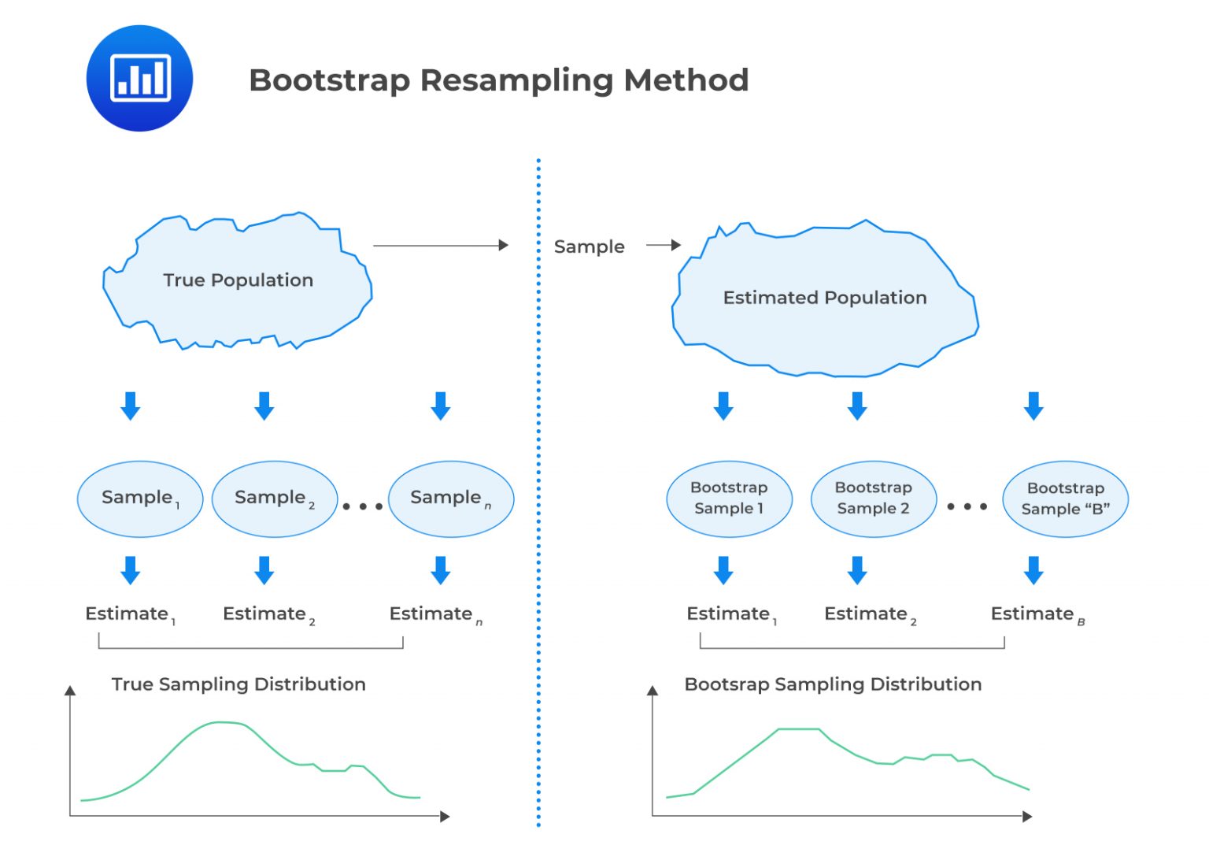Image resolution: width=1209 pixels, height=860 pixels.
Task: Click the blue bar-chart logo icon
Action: (139, 78)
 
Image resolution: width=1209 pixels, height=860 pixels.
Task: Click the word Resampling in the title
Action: (515, 80)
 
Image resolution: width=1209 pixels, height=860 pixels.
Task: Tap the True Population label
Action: (238, 280)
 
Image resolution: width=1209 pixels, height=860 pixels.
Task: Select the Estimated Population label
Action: (825, 298)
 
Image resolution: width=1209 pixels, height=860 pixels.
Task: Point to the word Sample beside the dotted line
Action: (589, 247)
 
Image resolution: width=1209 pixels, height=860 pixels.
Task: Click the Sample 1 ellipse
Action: (140, 499)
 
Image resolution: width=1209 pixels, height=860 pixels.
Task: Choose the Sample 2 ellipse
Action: (275, 499)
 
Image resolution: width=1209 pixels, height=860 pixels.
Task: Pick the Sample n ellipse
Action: (451, 499)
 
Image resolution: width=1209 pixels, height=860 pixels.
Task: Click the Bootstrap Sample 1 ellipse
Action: (729, 499)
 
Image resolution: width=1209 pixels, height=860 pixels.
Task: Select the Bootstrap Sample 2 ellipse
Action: (873, 499)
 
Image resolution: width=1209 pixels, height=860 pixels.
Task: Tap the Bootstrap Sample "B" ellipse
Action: (1065, 499)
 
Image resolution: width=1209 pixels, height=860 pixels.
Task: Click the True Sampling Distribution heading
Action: (238, 684)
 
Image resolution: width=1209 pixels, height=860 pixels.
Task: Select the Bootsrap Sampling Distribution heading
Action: (833, 684)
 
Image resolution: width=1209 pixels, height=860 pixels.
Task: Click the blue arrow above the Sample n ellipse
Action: (441, 406)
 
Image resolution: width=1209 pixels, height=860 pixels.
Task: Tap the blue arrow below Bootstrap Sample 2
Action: (857, 570)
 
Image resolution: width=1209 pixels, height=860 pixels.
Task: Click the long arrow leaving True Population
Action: (440, 246)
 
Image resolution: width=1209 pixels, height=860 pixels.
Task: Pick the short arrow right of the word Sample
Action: (663, 246)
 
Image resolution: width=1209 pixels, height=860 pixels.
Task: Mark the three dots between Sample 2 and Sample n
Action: (363, 506)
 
